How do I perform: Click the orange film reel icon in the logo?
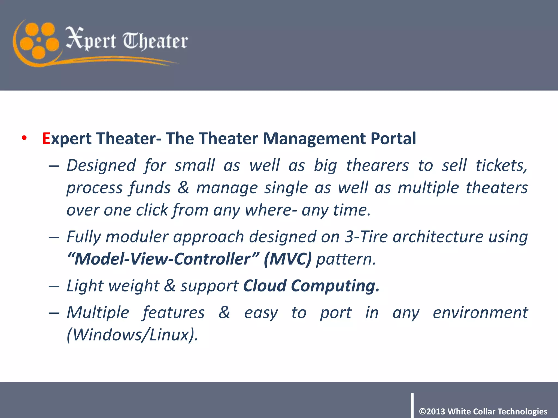tap(39, 40)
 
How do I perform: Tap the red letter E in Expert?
tap(46, 139)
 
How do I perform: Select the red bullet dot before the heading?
tap(25, 138)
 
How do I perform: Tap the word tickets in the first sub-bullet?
tap(501, 165)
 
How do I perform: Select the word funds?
tap(150, 188)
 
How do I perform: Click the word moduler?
tap(137, 237)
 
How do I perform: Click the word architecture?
tap(438, 236)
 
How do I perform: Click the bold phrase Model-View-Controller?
tap(162, 259)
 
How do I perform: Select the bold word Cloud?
tap(265, 286)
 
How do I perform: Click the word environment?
tap(480, 312)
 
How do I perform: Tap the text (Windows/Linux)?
tap(132, 335)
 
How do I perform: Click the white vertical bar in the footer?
tap(412, 405)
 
